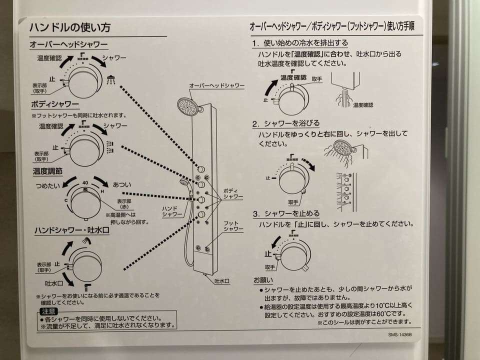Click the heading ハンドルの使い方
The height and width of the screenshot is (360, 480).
[70, 27]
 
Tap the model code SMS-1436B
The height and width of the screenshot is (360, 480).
[399, 336]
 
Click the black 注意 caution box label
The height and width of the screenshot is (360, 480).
[48, 311]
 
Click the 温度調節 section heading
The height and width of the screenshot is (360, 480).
[48, 171]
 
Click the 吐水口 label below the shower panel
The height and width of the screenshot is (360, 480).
[221, 281]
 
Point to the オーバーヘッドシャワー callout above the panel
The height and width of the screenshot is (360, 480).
[216, 86]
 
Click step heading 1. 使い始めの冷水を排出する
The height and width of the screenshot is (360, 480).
[300, 43]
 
